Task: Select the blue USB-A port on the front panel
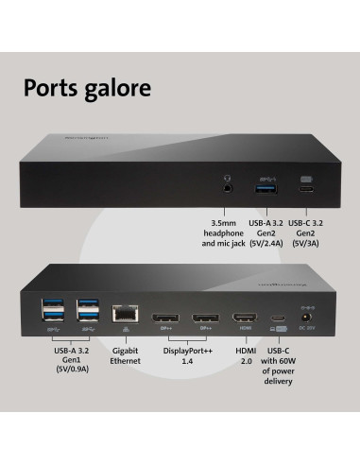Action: (264, 185)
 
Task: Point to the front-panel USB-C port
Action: (305, 186)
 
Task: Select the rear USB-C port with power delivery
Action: (278, 319)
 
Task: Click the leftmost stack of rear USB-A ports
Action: (52, 313)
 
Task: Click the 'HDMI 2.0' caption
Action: (245, 354)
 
